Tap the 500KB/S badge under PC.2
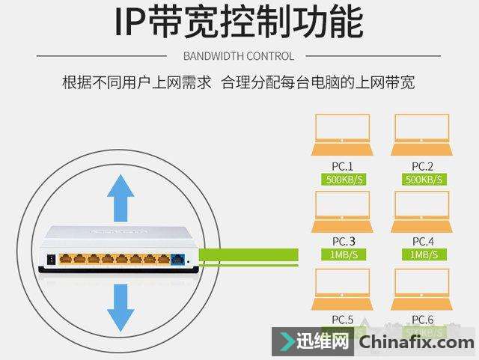[423, 180]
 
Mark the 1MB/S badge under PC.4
[423, 254]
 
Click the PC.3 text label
[343, 241]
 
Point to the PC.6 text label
[423, 320]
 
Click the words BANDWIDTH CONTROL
[239, 56]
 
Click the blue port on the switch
[178, 260]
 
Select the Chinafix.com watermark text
[417, 344]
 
